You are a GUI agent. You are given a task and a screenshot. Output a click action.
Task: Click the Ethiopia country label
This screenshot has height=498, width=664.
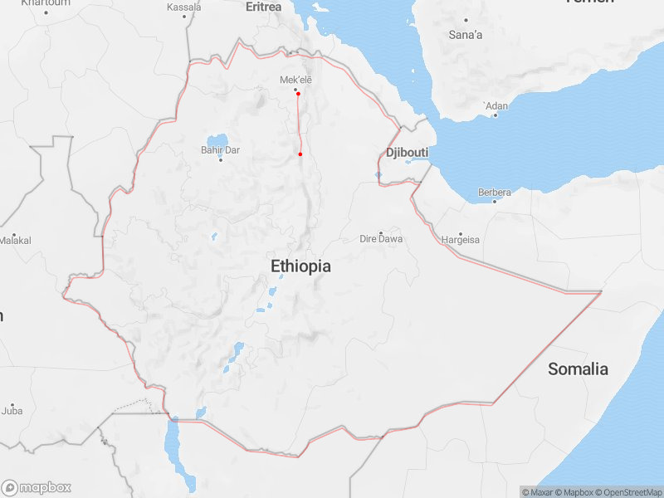coord(300,266)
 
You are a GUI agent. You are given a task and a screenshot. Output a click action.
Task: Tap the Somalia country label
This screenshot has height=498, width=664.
coord(578,369)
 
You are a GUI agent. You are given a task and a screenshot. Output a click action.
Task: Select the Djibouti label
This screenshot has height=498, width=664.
coord(407,153)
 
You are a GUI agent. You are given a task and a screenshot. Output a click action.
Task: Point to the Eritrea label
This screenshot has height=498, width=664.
coord(264,7)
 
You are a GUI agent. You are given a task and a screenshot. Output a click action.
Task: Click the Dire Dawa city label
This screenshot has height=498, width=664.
coord(381,239)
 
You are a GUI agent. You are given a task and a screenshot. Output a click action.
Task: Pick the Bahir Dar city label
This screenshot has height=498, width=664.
coord(220,150)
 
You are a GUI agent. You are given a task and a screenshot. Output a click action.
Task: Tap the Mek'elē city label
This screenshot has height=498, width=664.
coord(295,80)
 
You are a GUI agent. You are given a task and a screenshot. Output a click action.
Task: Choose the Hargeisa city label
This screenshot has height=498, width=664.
coord(461,240)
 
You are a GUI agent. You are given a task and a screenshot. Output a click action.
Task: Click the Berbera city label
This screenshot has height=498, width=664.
coord(495,193)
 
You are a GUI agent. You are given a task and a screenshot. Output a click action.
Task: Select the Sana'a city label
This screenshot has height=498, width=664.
coord(466,35)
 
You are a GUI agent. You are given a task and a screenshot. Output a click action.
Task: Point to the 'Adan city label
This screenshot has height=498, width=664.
coord(496,106)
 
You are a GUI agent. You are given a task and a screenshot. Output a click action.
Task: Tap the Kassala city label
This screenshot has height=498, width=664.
coord(183,7)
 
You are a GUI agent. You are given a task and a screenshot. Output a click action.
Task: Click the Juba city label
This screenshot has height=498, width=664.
coord(12,411)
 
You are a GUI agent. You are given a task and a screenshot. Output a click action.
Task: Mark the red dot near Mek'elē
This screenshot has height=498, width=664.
coord(298,94)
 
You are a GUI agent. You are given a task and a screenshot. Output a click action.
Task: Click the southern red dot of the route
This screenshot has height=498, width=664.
coord(300,154)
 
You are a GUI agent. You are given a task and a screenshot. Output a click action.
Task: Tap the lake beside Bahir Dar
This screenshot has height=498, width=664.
coord(217,139)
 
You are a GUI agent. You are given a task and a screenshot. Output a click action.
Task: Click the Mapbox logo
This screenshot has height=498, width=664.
coord(37,488)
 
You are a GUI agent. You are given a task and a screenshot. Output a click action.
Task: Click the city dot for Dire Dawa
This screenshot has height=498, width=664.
coord(381,232)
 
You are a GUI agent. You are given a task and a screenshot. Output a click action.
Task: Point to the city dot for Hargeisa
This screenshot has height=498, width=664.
coord(461,233)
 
